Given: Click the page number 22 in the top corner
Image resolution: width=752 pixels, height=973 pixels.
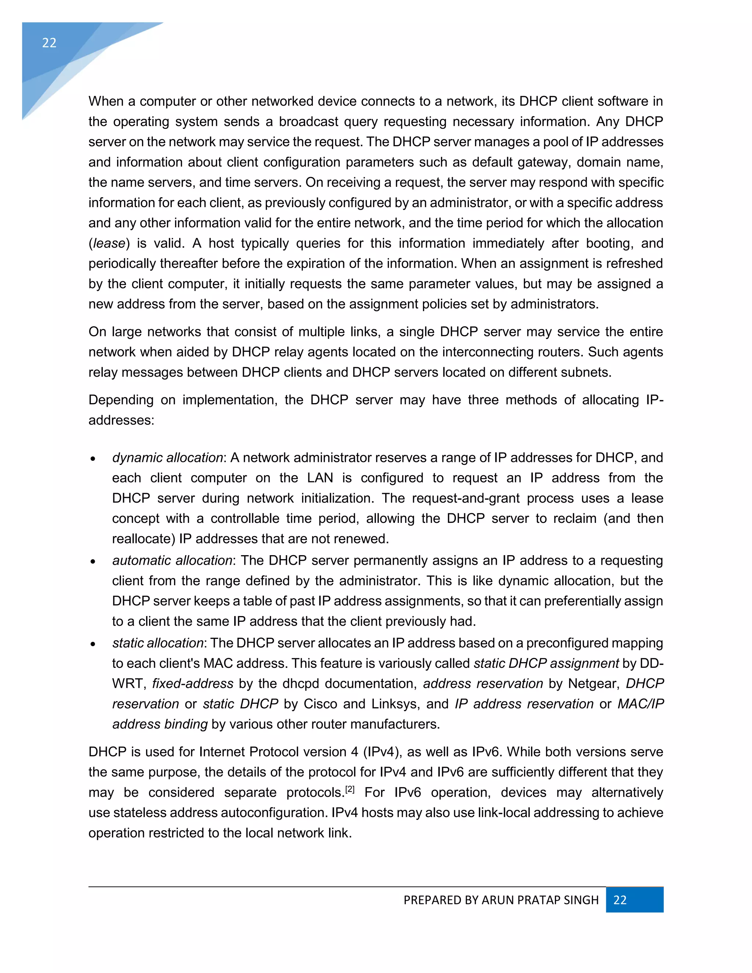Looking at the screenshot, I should tap(49, 43).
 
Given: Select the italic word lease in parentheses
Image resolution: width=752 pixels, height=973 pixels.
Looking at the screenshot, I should tap(109, 243).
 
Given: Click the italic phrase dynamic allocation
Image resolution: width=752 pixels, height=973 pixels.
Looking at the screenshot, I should tap(167, 457).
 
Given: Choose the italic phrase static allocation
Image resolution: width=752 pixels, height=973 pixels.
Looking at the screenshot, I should tap(158, 643).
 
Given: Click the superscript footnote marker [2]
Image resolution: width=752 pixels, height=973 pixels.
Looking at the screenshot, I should tap(350, 789).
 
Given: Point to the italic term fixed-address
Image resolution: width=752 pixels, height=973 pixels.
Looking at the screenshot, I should tap(192, 683).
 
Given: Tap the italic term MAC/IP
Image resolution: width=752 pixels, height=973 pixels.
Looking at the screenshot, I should tap(640, 704).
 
